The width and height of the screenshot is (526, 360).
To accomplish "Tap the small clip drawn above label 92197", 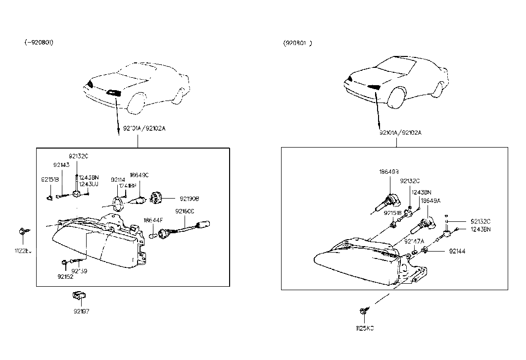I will point(77,296).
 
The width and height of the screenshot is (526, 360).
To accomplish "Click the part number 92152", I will point(65,276).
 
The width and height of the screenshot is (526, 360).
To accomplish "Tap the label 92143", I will point(61,165).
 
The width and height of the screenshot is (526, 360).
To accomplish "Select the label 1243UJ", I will point(89,184).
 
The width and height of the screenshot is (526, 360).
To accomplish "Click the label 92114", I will point(118,180).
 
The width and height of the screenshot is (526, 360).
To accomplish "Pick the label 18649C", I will point(139,175).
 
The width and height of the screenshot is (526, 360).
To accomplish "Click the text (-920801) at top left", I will point(39,43).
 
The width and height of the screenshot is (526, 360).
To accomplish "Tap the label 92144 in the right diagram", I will point(457,251).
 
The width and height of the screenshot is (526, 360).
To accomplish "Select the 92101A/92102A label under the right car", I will point(401,133).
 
